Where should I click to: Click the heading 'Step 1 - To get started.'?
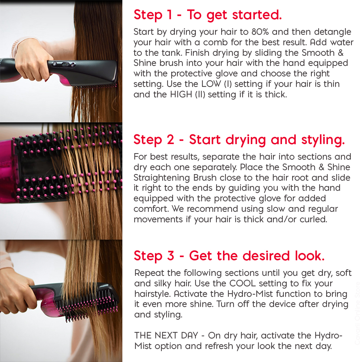point(207,15)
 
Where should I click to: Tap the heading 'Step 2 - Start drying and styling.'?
point(239,140)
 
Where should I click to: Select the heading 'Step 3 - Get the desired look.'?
point(229,256)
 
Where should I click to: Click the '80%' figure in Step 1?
point(260,32)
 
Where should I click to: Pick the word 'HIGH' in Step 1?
point(181,94)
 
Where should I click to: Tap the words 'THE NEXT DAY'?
point(166,336)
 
